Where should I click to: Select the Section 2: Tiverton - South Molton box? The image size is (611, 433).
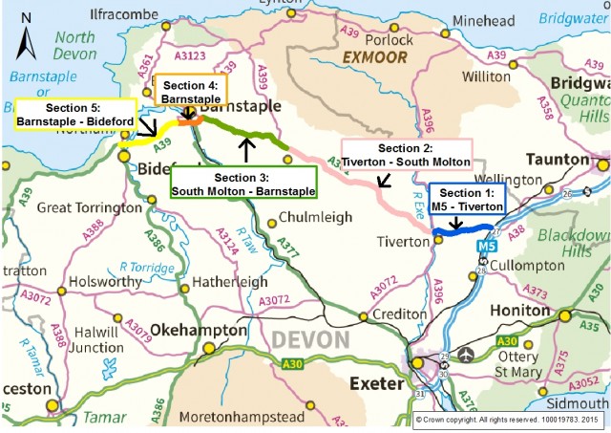point(406,155)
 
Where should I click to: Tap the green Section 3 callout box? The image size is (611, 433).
point(243,184)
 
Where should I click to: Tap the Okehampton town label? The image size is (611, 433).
point(200,329)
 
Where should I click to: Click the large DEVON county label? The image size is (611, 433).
point(313,340)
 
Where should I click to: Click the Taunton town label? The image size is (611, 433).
point(555,159)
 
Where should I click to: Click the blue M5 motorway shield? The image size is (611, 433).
point(487,247)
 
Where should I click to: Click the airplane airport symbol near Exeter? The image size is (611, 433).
point(466,356)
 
